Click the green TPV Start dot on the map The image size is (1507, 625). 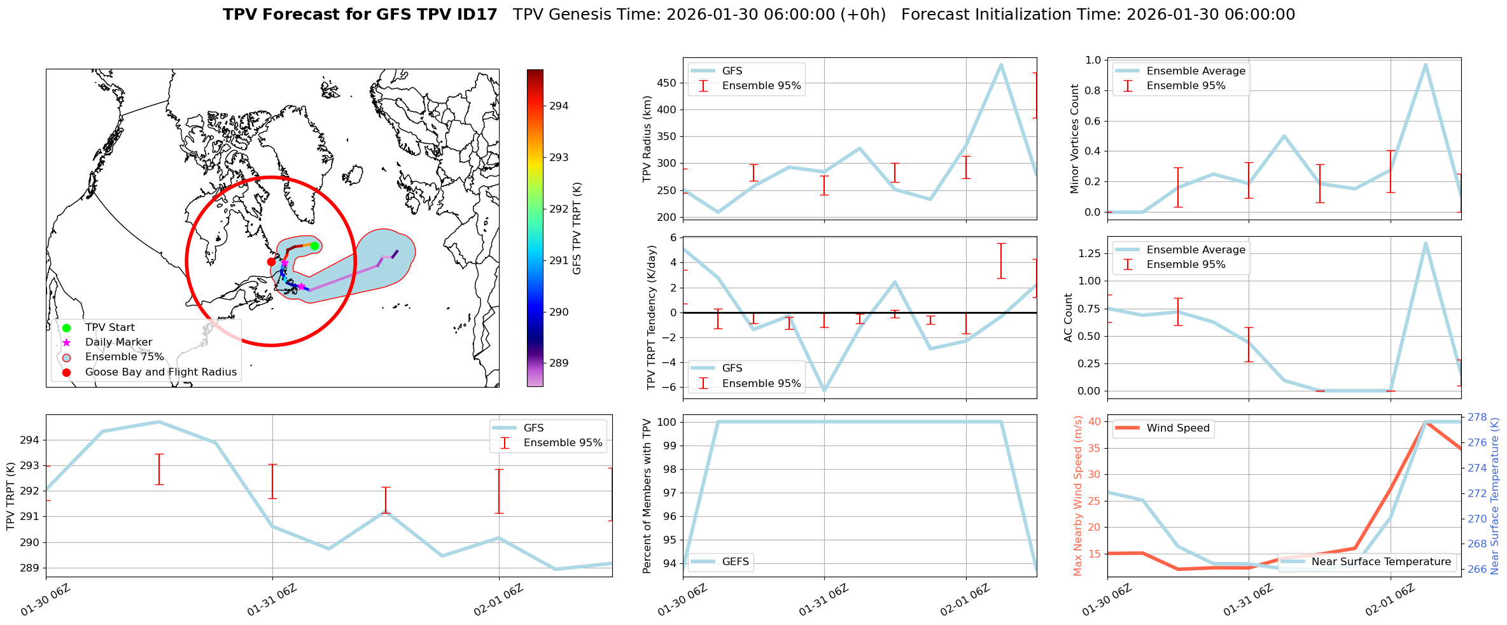[x=314, y=246]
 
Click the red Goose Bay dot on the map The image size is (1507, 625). [x=271, y=262]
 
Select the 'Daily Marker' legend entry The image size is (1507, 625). [x=118, y=342]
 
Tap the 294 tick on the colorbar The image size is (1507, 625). [x=559, y=106]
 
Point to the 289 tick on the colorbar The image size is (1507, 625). [x=559, y=363]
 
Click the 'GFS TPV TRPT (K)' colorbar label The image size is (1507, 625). [x=577, y=228]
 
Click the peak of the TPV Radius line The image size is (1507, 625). [x=1001, y=64]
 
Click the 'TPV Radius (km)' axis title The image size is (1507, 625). [x=647, y=139]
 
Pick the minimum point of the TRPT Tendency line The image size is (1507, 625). [x=825, y=390]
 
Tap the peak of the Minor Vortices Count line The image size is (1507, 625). [x=1426, y=64]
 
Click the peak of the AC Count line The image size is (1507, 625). [x=1426, y=243]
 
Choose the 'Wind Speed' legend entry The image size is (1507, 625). [x=1177, y=428]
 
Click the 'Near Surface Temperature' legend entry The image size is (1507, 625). [x=1381, y=562]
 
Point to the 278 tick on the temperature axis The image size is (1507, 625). [x=1477, y=418]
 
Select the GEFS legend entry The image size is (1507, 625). [x=735, y=562]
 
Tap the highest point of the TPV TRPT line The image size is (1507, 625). [x=159, y=421]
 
